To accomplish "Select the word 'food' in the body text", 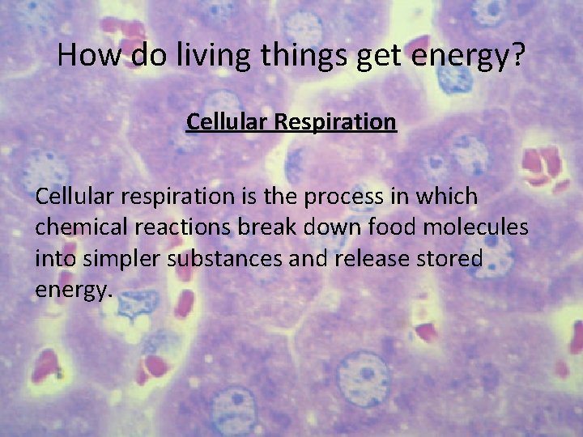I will [387, 227].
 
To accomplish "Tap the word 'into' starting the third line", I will [50, 259].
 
